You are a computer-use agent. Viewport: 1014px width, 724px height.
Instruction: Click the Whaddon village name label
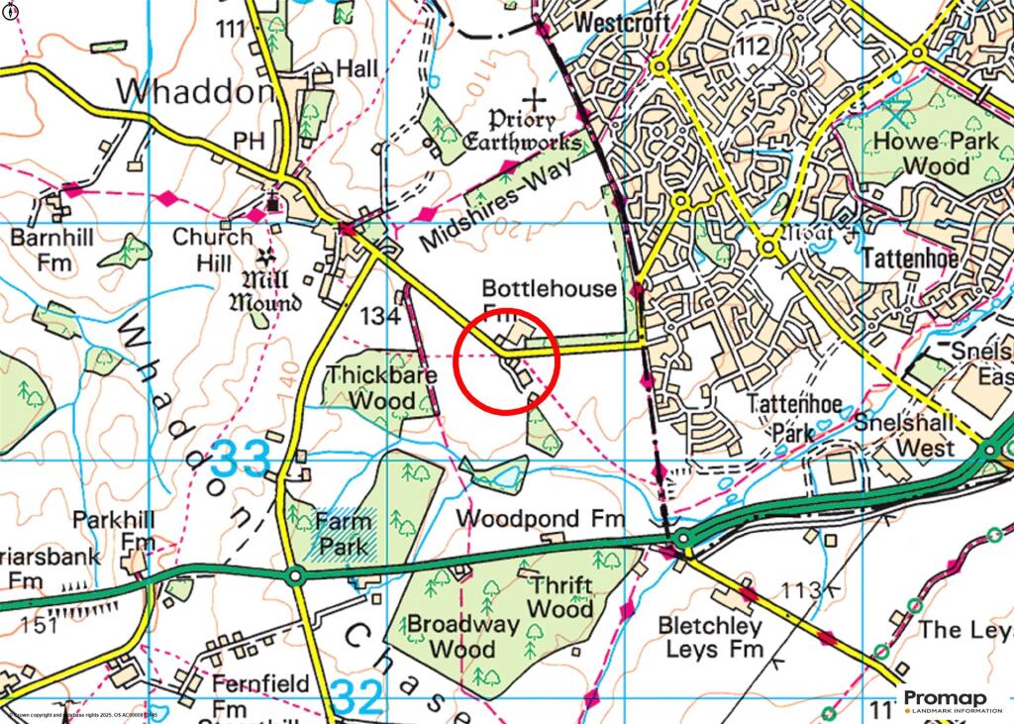click(194, 92)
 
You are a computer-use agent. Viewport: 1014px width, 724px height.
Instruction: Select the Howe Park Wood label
click(922, 154)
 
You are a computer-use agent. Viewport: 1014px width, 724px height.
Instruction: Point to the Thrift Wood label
click(560, 596)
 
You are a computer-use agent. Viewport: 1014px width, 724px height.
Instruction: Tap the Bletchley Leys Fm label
click(712, 638)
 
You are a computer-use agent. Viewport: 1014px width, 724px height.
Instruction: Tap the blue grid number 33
click(241, 459)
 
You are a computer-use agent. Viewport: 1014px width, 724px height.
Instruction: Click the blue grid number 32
click(356, 697)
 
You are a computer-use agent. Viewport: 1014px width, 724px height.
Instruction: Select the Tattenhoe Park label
click(781, 418)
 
